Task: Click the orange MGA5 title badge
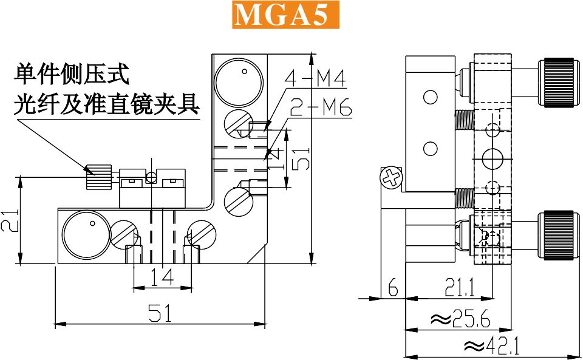tap(286, 15)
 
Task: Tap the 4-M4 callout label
tap(315, 78)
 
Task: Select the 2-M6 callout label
tap(321, 107)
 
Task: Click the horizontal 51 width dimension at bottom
tap(160, 313)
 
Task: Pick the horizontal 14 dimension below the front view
tap(163, 277)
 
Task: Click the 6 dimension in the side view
tap(393, 287)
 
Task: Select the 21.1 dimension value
tap(460, 287)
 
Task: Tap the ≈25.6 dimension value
tap(460, 318)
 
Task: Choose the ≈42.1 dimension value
tap(491, 346)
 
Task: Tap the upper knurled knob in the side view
tap(559, 83)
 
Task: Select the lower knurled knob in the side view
tap(559, 235)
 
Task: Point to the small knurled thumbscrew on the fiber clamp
tap(99, 177)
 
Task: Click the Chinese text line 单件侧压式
tap(72, 74)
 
